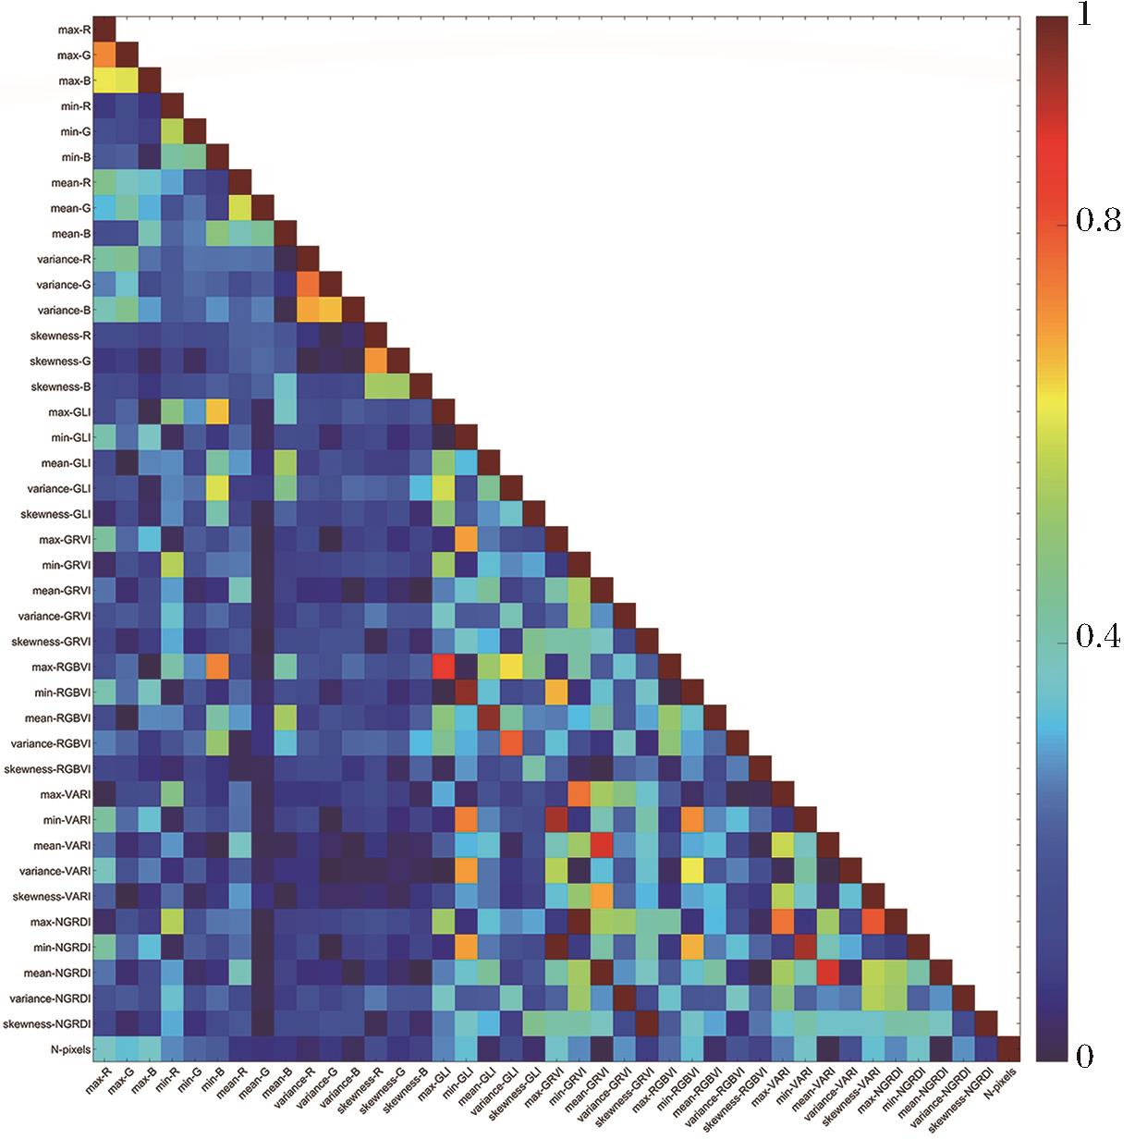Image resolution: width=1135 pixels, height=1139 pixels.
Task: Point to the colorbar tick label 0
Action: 1081,1056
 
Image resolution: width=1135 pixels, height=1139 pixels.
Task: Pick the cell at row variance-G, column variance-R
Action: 309,286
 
